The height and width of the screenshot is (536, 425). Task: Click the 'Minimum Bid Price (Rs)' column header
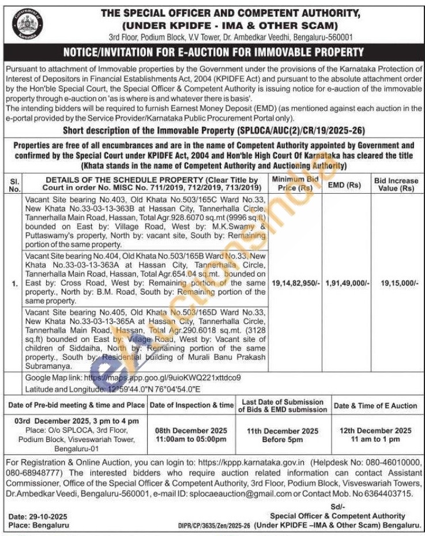(295, 184)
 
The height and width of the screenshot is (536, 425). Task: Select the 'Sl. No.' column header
(14, 184)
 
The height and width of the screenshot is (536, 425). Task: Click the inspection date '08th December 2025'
(191, 431)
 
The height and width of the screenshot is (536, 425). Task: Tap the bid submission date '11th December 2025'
(283, 431)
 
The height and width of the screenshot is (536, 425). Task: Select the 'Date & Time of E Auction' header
(375, 406)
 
